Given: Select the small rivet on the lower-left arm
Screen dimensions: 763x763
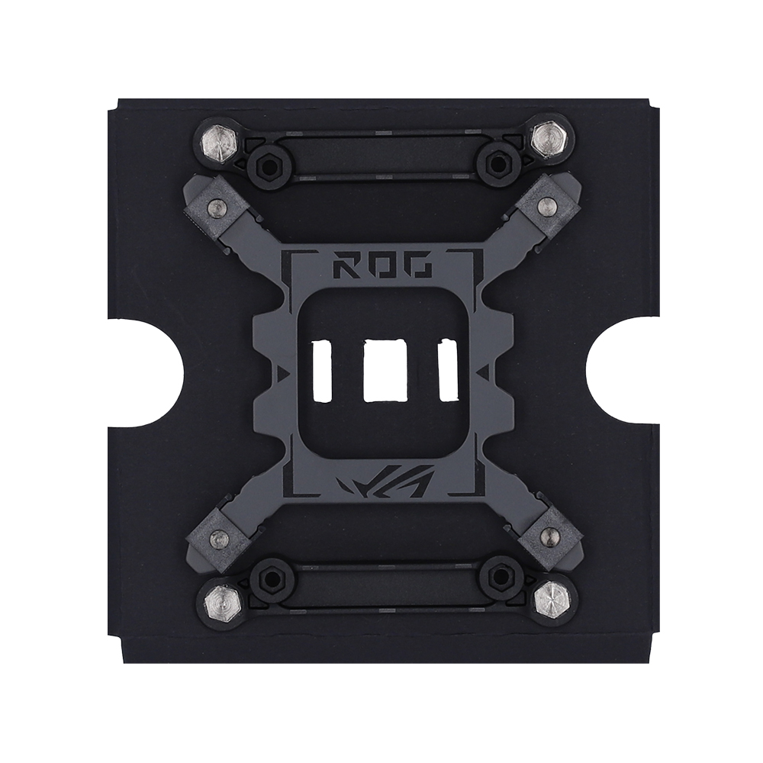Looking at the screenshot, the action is [218, 538].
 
